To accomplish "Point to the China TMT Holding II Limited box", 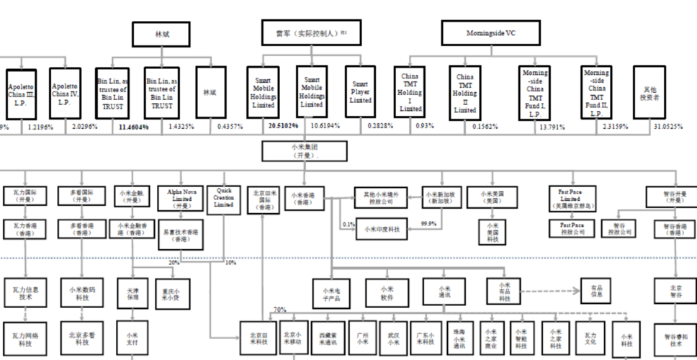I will point(464,92).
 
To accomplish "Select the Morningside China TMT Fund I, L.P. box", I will point(535,92).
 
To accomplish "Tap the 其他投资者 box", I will point(650,92).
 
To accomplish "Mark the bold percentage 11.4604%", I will point(133,126).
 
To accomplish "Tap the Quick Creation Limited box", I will point(224,198).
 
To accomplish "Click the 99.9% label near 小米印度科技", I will point(430,224).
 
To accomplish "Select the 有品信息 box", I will point(596,291).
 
